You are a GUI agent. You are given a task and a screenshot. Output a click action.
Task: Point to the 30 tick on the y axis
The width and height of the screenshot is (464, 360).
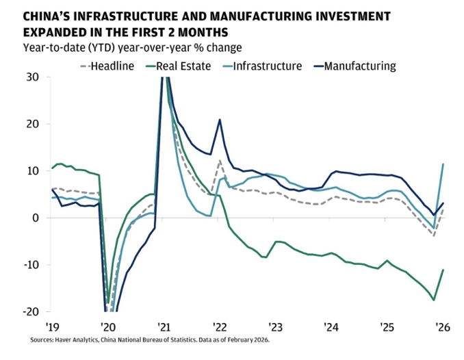(34, 77)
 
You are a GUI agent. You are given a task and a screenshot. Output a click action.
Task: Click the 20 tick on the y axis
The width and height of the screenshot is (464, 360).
(34, 124)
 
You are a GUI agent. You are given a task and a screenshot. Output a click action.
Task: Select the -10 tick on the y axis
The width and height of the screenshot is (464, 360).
(31, 265)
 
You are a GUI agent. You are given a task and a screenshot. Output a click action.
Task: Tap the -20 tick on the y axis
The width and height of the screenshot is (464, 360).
(31, 311)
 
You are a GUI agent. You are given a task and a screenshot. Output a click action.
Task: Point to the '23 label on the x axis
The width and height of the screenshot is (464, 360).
(275, 326)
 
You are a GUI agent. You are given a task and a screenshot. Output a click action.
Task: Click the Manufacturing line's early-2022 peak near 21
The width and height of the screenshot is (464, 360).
(220, 120)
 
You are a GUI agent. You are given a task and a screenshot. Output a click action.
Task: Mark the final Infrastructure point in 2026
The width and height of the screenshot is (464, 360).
(443, 164)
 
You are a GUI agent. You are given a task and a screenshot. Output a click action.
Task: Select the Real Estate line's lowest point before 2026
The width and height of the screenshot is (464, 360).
(434, 300)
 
